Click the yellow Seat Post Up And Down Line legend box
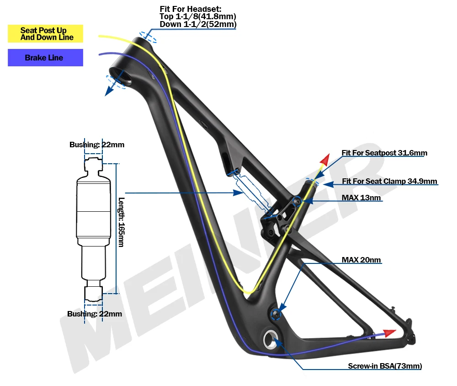[45, 34]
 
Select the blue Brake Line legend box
[45, 58]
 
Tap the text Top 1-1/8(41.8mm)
[197, 16]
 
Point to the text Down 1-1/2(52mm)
[198, 24]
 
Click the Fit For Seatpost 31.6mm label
[384, 153]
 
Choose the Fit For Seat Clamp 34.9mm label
[389, 182]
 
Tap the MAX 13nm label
[361, 198]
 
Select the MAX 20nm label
[361, 260]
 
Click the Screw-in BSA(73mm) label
[385, 366]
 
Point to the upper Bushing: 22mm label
[97, 145]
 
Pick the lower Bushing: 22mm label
[95, 314]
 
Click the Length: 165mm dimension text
[121, 222]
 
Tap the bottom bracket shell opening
[268, 339]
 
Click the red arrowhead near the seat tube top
[325, 160]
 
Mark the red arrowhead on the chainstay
[389, 332]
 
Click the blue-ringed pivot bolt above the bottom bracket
[276, 313]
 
